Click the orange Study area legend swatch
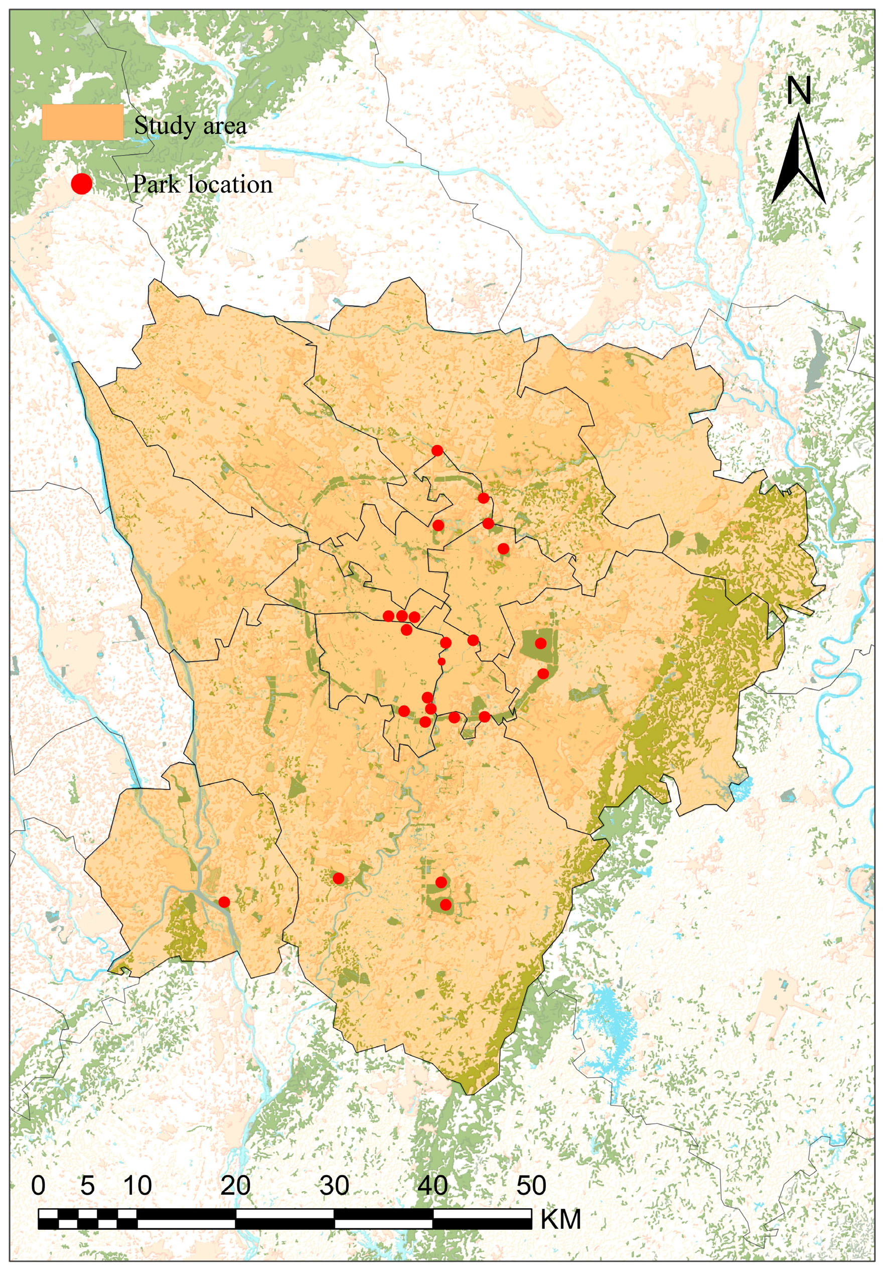pos(83,122)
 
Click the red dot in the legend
pos(81,184)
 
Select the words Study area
pos(190,125)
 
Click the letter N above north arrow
pos(799,91)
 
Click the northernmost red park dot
pos(437,450)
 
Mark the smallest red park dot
pos(441,661)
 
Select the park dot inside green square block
pos(541,643)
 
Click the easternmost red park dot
pos(543,674)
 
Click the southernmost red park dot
pos(446,905)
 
